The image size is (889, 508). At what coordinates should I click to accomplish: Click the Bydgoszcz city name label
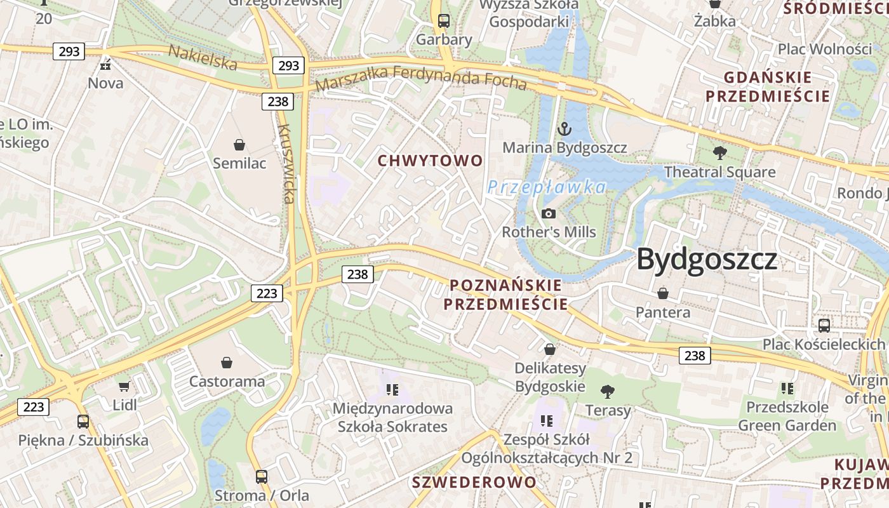pos(707,259)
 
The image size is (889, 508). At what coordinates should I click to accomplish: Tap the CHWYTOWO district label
pos(431,161)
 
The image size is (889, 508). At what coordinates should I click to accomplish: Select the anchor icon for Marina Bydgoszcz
pos(564,130)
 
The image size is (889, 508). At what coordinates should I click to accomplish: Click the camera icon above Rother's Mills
pos(549,213)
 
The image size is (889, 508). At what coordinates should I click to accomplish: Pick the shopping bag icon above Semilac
pos(239,145)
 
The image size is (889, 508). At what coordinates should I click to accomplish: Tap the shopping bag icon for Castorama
pos(227,363)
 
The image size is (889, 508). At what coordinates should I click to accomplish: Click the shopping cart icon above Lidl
pos(124,386)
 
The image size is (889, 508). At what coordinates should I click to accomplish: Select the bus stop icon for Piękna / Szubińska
pos(83,421)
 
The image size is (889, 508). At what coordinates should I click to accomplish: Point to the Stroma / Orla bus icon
pos(262,476)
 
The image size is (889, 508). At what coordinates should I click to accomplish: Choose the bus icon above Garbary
pos(444,21)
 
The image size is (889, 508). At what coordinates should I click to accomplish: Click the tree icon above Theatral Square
pos(719,153)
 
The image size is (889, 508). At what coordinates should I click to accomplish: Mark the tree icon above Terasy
pos(608,391)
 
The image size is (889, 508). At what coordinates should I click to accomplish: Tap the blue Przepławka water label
pos(547,187)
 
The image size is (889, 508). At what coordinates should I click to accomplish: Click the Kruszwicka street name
pos(286,164)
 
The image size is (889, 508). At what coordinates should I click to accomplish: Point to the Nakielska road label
pos(203,58)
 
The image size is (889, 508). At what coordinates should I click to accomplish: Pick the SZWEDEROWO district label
pos(474,482)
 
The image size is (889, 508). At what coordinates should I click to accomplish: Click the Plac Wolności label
pos(825,49)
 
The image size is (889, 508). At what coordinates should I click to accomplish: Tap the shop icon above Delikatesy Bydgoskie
pos(550,349)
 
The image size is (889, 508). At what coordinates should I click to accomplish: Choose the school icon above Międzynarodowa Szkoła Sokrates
pos(392,389)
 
